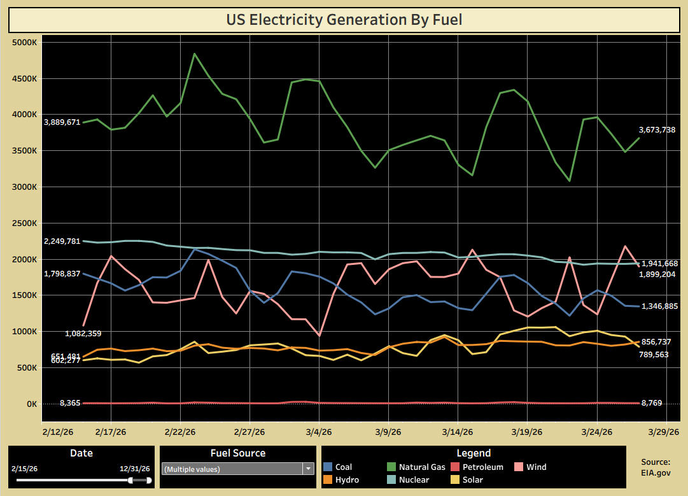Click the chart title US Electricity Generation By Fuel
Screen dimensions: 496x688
click(x=344, y=20)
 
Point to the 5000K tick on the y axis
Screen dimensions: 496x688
click(x=26, y=43)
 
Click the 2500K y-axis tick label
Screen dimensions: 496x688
click(x=26, y=223)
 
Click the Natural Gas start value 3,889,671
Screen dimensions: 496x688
click(x=62, y=122)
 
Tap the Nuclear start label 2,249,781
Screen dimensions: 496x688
click(x=62, y=241)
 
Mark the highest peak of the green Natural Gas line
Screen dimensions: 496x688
click(x=195, y=53)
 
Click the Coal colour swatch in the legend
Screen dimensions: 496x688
click(x=327, y=467)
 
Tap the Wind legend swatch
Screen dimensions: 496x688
click(x=519, y=467)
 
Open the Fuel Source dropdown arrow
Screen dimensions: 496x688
click(x=309, y=469)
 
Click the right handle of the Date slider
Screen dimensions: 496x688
click(x=149, y=480)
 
